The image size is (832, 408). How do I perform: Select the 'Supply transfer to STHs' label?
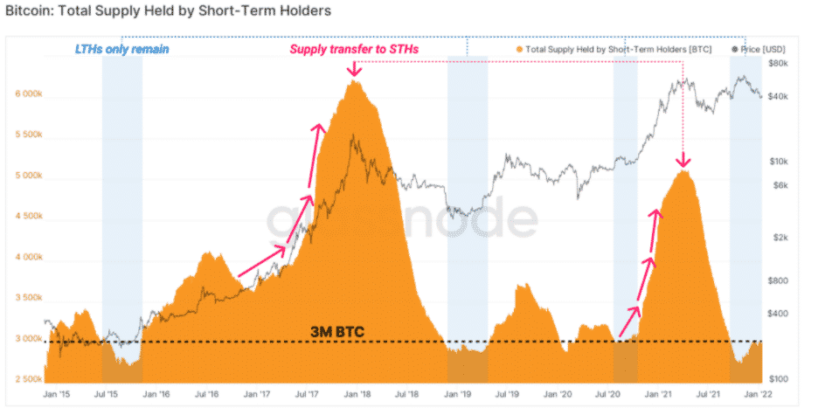[354, 50]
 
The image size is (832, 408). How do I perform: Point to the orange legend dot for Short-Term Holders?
[522, 50]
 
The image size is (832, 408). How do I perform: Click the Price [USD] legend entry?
[749, 50]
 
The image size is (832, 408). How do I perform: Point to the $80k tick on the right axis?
[780, 64]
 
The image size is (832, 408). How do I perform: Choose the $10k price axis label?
[780, 162]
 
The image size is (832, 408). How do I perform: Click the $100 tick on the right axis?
[780, 379]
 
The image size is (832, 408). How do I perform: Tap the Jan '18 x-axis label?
[354, 396]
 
